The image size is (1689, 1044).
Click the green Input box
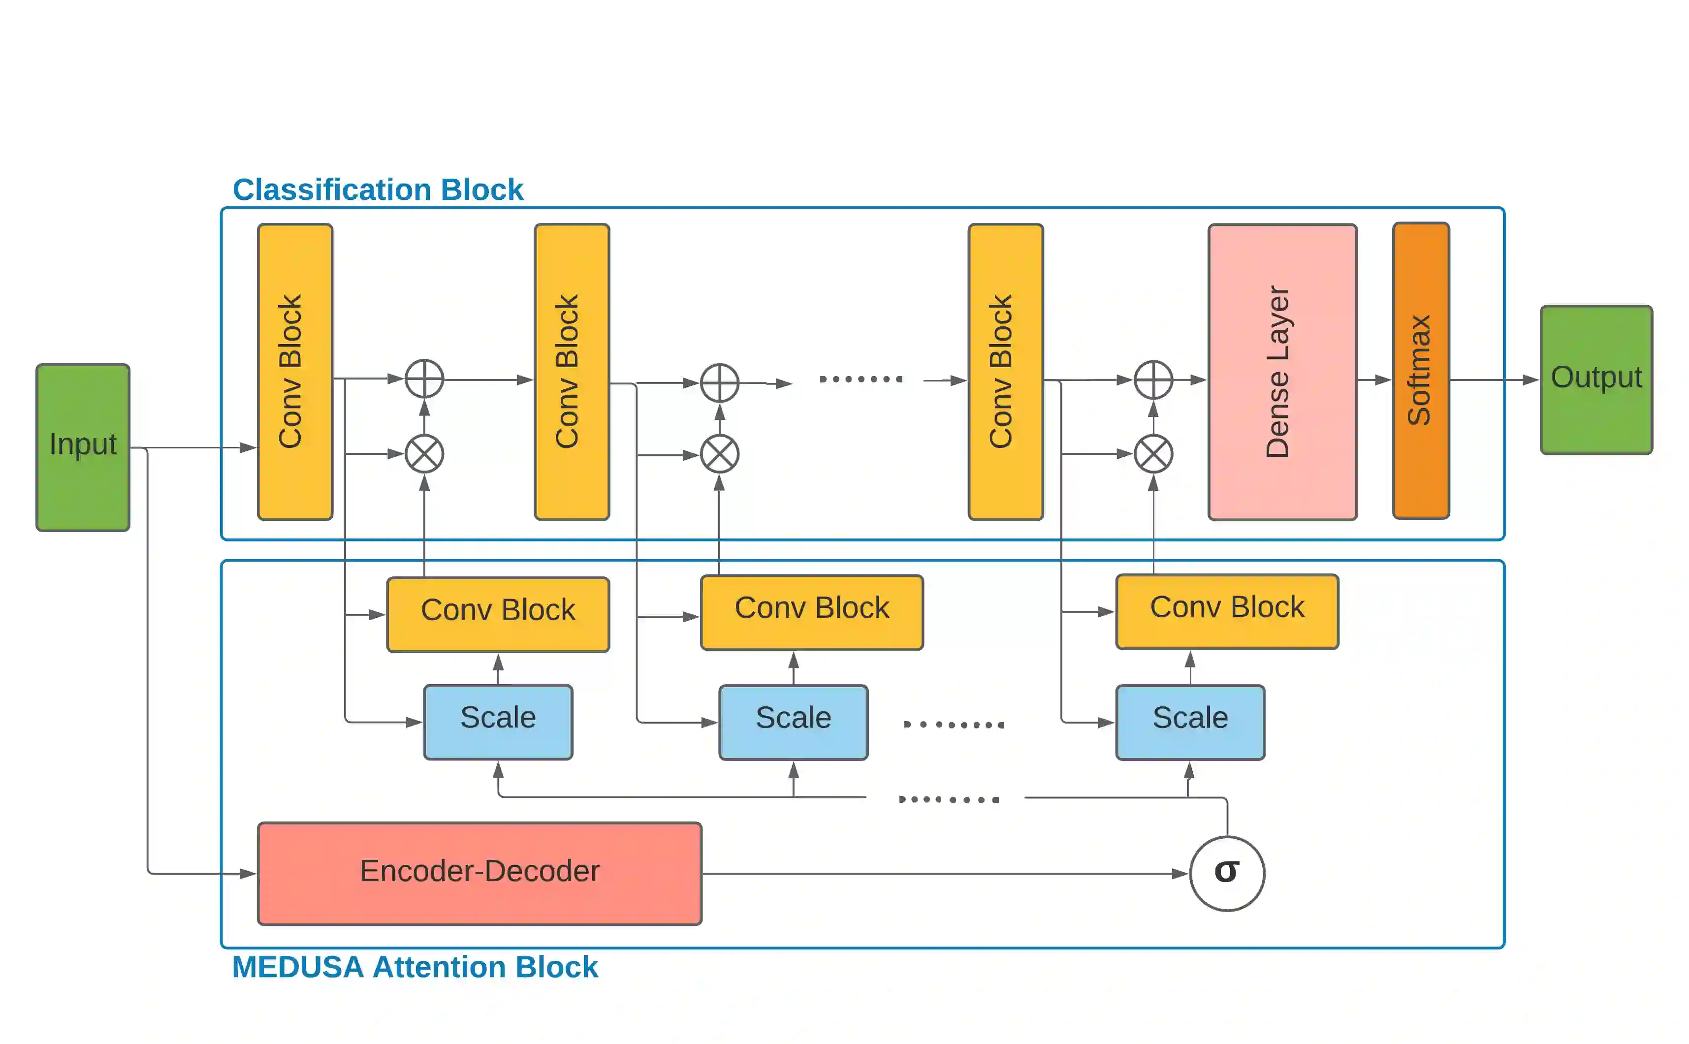tap(83, 447)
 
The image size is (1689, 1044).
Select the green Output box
tap(1596, 380)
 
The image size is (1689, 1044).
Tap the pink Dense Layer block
tap(1282, 372)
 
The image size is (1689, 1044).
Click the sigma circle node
tap(1227, 874)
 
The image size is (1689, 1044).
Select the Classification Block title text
tap(378, 189)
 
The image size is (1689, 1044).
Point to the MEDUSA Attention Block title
tap(415, 967)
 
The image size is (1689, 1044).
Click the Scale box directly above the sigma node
tap(1190, 722)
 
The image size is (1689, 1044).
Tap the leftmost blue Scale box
tap(498, 722)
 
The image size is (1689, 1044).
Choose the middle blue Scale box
tap(794, 722)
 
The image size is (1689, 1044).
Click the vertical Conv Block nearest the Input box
tap(295, 372)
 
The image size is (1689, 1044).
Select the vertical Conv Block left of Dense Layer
tap(1005, 372)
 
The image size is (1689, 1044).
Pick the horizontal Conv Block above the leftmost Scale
tap(498, 614)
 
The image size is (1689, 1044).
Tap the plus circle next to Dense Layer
tap(1153, 380)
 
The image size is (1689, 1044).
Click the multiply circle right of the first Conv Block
tap(424, 454)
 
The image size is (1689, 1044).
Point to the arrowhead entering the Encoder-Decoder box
tap(249, 874)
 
